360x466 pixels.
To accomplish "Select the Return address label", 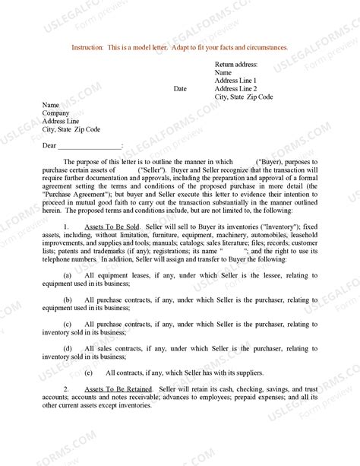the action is click(x=236, y=65).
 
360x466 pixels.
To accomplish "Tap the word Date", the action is click(x=180, y=89).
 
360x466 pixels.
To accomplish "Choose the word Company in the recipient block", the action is click(x=56, y=113).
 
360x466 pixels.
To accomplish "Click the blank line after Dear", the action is click(x=89, y=144).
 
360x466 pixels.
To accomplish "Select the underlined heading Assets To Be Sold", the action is click(x=107, y=227).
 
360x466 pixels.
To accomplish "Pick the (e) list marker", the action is click(x=89, y=372).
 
